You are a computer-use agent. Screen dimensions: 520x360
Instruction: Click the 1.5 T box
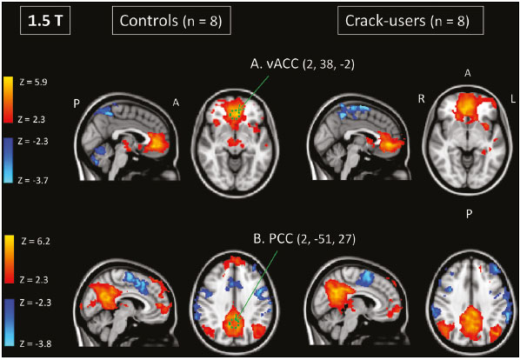click(45, 21)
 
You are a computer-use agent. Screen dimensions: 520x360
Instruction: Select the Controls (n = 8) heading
click(170, 21)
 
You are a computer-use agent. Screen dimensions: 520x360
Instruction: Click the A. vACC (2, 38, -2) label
click(302, 64)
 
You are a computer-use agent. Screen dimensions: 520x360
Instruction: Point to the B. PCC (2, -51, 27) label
click(304, 238)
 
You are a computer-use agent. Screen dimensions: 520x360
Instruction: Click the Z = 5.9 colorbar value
click(33, 82)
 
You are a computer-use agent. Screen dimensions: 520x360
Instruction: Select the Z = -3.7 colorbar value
click(33, 180)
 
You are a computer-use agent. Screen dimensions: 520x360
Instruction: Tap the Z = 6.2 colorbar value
click(36, 241)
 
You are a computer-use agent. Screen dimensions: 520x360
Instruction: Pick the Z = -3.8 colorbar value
click(36, 343)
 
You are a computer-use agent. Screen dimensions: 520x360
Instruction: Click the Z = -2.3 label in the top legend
click(33, 141)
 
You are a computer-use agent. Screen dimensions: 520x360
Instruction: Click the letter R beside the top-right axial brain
click(421, 99)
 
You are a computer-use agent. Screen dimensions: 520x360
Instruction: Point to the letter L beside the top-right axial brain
click(513, 99)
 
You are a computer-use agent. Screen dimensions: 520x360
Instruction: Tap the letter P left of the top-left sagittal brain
click(77, 103)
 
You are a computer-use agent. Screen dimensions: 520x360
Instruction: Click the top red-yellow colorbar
click(8, 100)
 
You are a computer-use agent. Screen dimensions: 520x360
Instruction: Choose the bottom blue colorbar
click(10, 323)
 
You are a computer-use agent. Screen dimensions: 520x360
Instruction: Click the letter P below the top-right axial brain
click(469, 214)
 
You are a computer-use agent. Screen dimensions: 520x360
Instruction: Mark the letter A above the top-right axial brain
click(468, 73)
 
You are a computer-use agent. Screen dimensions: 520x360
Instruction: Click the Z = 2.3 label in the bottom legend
click(34, 280)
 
